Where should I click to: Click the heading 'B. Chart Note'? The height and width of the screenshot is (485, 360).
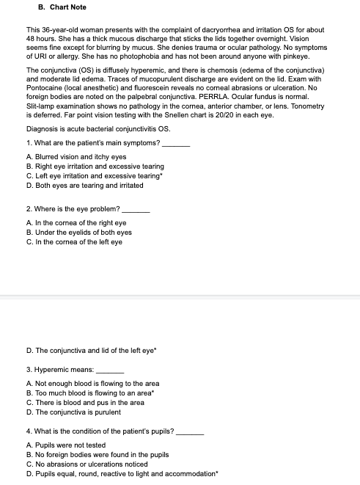[x=62, y=7]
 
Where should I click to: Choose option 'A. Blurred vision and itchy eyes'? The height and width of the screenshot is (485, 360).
[x=76, y=156]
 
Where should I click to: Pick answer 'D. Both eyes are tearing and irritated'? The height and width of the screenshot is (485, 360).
[x=84, y=185]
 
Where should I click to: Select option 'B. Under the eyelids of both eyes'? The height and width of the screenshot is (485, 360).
[x=79, y=233]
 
